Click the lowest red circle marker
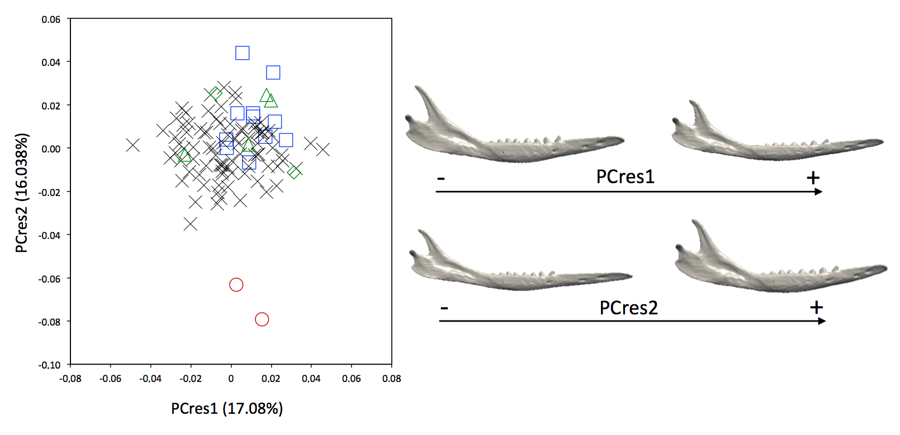262,319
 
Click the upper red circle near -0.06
236,285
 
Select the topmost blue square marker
242,53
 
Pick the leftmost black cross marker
132,145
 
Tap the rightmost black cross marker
323,149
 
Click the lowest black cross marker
190,224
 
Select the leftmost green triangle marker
185,155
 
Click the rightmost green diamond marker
294,172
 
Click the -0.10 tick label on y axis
50,365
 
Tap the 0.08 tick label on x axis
391,379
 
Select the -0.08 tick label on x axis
70,379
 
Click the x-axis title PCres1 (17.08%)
226,409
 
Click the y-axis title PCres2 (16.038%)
21,193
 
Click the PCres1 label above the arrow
625,176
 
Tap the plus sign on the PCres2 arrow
816,307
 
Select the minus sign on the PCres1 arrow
441,179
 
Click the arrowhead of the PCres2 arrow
822,321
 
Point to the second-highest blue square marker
273,73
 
